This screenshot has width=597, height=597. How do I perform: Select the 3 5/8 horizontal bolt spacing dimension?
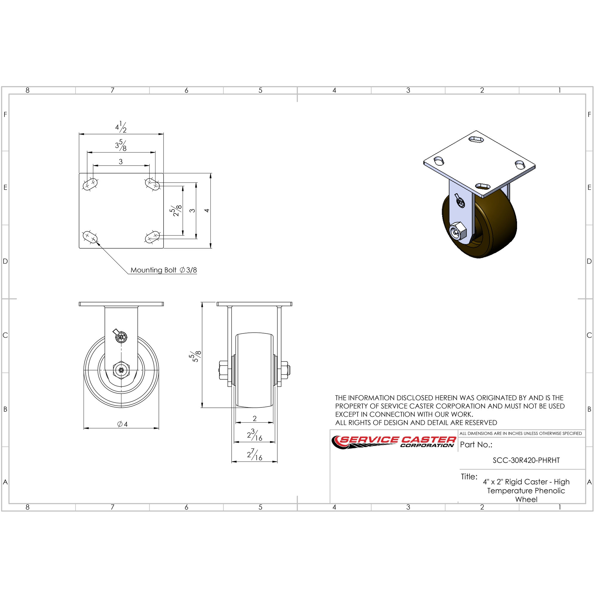[x=121, y=145]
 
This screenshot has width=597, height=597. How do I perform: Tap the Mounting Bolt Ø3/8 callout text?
[x=164, y=270]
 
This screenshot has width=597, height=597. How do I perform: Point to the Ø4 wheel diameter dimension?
[x=122, y=424]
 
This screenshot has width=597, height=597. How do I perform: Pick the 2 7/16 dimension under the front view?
[x=255, y=455]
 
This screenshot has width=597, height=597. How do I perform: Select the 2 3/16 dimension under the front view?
[x=255, y=435]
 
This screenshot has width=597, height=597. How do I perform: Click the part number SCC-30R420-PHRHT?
[x=526, y=460]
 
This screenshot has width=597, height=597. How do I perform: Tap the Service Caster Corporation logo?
[x=394, y=442]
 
